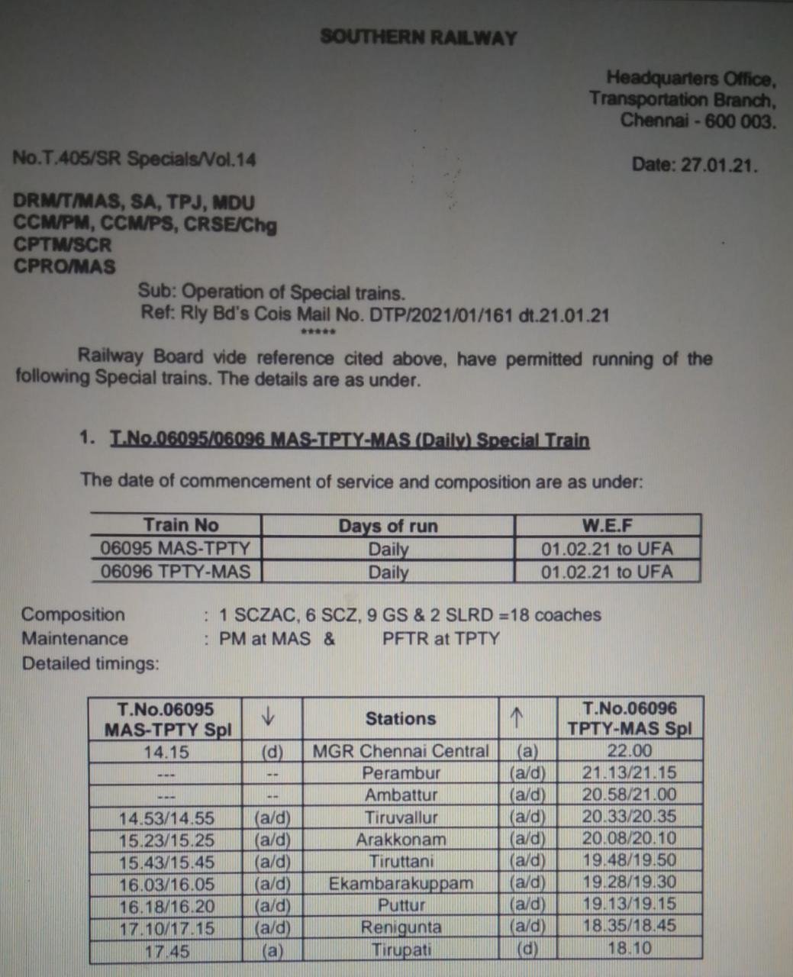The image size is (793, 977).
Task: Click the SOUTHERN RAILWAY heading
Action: coord(418,37)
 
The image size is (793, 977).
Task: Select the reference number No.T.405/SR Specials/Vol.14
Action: coord(134,160)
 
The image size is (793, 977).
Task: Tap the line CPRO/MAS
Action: coord(65,267)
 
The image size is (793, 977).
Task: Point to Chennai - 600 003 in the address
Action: coord(698,121)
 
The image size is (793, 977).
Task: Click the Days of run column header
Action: coord(388,526)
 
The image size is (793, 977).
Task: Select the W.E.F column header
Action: coord(607,526)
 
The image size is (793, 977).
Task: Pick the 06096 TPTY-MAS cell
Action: coord(176,572)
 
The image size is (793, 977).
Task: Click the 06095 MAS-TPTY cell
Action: coord(176,548)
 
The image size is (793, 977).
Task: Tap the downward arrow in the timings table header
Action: coord(268,717)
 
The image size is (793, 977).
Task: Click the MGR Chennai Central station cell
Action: coord(401,751)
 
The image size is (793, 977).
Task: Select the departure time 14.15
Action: coord(166,753)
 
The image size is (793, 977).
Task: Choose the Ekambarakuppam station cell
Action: coord(401,884)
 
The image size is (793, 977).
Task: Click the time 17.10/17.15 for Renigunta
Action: coord(166,929)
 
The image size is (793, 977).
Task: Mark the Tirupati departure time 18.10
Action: coord(629,949)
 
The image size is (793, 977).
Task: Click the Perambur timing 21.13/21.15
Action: coord(629,772)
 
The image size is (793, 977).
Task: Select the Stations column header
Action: coord(401,718)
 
